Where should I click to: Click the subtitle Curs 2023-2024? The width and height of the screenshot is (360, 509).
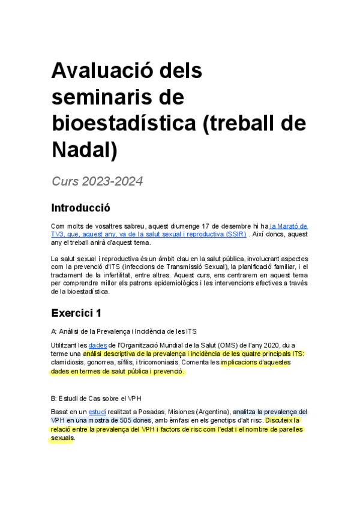[97, 181]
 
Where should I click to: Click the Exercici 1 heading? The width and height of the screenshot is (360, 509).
[76, 313]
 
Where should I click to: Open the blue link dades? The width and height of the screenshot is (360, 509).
[97, 345]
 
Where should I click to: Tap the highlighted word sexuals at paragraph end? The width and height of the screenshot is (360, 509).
[62, 438]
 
